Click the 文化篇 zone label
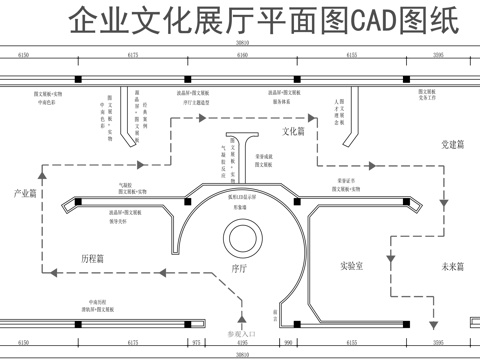coord(293,131)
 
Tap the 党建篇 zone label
coord(453,145)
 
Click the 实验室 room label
coord(351,266)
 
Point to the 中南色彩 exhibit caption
coord(47,101)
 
